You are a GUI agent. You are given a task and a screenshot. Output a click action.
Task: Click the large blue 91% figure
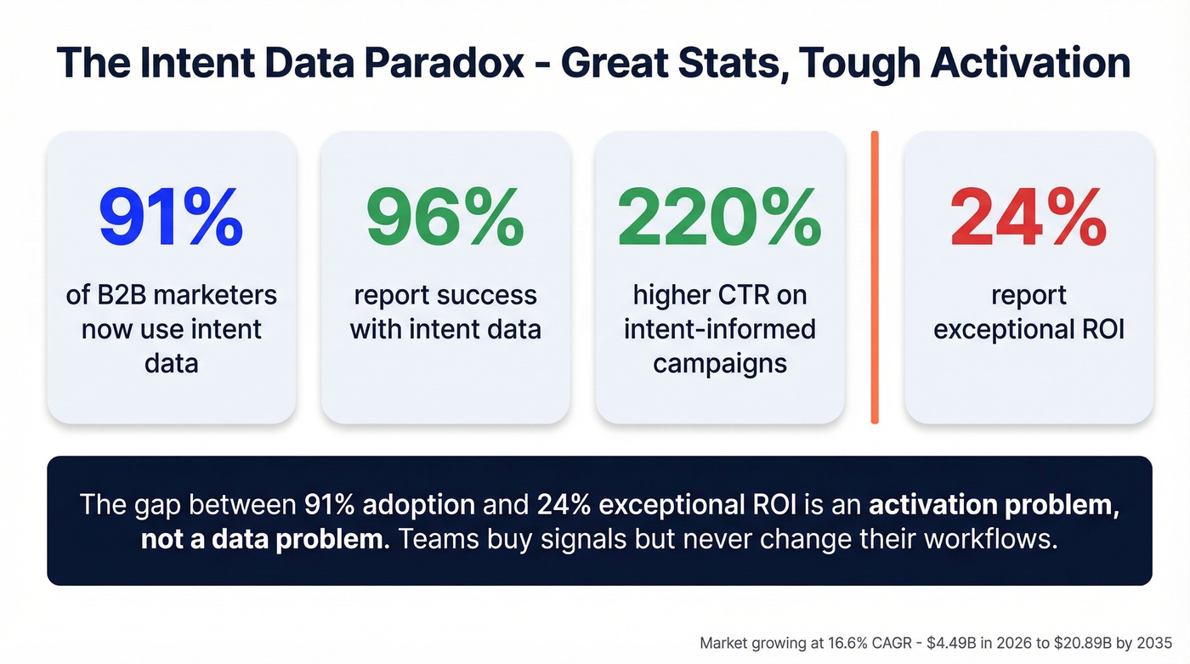tap(171, 218)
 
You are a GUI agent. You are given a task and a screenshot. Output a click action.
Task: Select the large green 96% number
tap(445, 218)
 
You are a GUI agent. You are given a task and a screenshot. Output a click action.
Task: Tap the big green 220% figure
tap(719, 218)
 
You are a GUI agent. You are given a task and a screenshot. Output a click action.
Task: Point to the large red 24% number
tap(1028, 218)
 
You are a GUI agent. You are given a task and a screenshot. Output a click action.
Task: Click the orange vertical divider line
tap(874, 277)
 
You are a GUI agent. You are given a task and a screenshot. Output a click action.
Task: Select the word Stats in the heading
tap(727, 64)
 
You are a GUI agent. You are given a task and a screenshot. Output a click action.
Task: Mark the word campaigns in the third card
tap(719, 363)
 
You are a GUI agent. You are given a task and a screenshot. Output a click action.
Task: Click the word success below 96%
tap(492, 295)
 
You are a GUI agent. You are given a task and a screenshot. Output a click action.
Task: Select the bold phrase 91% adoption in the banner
tap(389, 504)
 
